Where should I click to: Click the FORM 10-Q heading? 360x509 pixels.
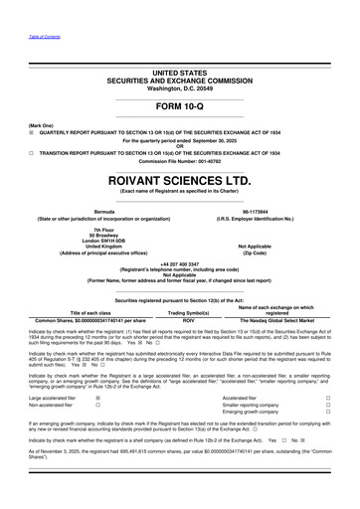tap(179, 104)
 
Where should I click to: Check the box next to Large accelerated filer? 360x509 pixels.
tap(97, 396)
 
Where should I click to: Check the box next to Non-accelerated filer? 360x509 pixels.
tap(97, 405)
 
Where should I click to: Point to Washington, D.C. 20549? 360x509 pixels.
tap(179, 88)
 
